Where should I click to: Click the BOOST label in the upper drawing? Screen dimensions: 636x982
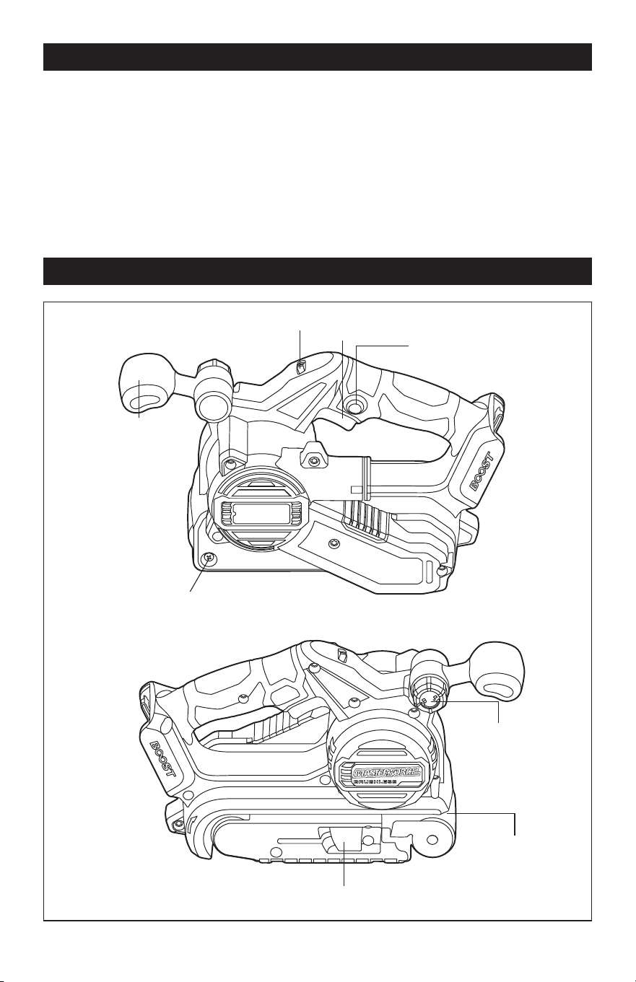click(x=482, y=472)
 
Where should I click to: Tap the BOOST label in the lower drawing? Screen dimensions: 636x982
click(x=162, y=758)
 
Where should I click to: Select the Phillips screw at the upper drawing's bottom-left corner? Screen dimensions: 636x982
click(x=209, y=558)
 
